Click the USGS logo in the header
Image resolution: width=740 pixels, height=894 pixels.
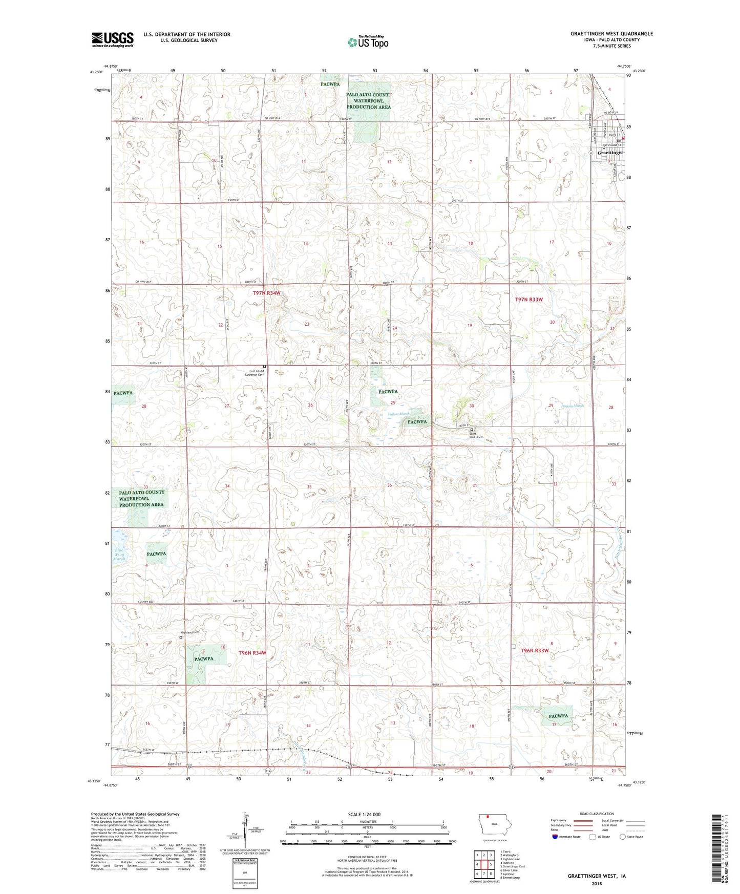point(112,39)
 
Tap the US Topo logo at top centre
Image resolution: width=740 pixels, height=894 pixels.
point(368,41)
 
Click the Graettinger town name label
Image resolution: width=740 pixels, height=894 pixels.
point(610,153)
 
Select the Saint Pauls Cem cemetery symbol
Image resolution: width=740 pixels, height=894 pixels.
point(472,430)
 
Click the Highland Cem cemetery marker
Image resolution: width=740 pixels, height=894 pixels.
point(181,638)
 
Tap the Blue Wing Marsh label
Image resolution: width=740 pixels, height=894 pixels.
point(119,555)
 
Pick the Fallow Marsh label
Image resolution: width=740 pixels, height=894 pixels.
point(399,414)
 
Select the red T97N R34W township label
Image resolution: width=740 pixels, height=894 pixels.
point(267,293)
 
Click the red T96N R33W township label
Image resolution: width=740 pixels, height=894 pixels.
point(535,650)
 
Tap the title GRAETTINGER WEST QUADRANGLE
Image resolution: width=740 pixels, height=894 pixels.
point(611,34)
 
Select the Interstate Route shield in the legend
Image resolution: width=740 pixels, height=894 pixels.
point(556,837)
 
